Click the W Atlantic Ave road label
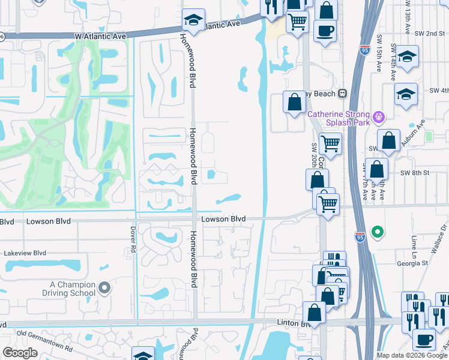coord(101,37)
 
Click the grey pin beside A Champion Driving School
coord(105,289)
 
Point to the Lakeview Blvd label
coord(25,253)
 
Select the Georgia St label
coord(412,263)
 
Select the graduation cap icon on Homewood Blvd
coord(193,20)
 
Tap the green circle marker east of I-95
coord(377,232)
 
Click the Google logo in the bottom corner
coord(20,353)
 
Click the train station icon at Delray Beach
coord(343,94)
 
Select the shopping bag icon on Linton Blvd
coord(314,312)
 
